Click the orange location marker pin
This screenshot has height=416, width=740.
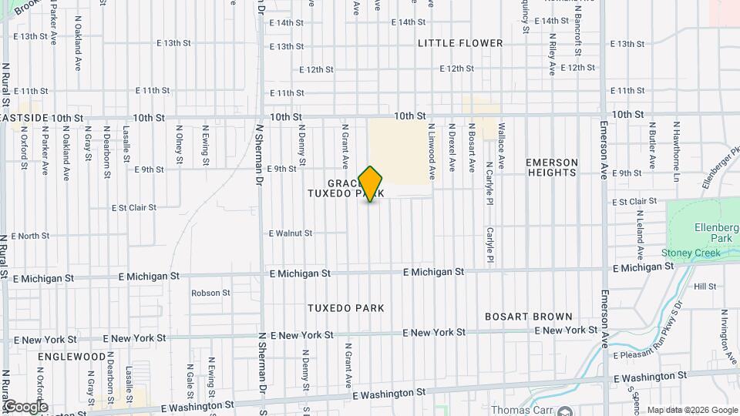coord(371,184)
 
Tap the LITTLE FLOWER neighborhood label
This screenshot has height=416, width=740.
coord(460,43)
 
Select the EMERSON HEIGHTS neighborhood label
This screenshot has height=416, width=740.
coord(551,167)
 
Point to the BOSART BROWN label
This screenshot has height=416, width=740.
coord(528,317)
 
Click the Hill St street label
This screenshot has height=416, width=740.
coord(705,286)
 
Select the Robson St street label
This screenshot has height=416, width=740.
coord(211,293)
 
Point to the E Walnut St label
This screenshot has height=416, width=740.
coord(291,233)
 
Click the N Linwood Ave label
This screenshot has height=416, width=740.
coord(432,148)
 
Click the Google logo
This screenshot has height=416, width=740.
coord(25,407)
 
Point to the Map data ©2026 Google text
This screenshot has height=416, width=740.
coord(691,410)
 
